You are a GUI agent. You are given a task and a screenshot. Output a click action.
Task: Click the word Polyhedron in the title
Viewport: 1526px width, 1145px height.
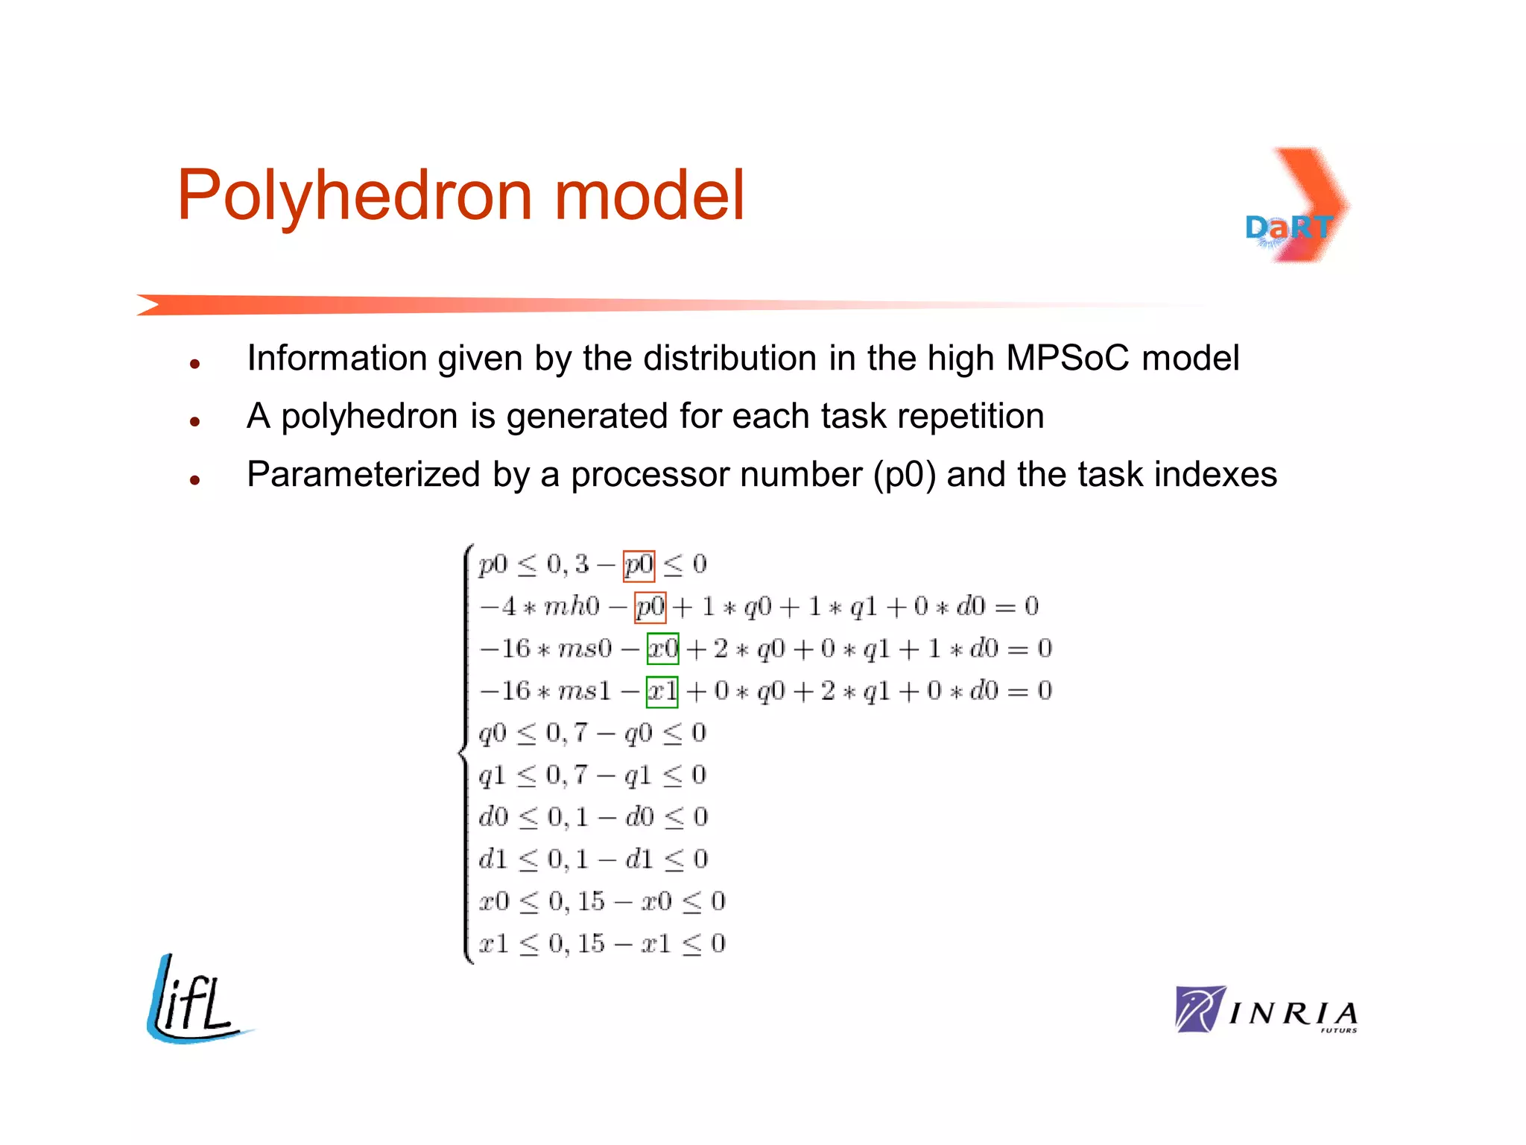(355, 195)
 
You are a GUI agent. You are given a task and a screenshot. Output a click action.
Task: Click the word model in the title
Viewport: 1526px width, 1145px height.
(649, 195)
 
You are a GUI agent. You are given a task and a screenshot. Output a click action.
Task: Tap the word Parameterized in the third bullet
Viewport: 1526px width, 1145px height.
(364, 475)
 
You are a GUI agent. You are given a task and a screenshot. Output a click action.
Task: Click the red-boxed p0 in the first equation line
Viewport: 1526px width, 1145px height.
(639, 565)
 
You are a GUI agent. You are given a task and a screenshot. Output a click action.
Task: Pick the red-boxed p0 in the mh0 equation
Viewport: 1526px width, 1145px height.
(650, 607)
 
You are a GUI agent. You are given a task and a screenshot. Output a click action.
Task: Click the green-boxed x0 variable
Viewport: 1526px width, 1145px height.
(662, 649)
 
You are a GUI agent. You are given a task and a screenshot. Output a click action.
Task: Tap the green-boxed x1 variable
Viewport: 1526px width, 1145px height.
(662, 691)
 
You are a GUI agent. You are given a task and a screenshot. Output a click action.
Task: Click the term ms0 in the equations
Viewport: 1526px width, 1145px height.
(585, 649)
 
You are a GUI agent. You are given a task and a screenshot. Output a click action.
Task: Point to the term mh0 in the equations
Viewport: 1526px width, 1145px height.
(572, 607)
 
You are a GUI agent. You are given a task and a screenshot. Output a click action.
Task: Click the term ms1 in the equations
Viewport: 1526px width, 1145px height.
(585, 691)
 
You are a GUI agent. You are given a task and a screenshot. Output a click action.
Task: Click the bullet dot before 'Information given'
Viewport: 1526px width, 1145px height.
(195, 365)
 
